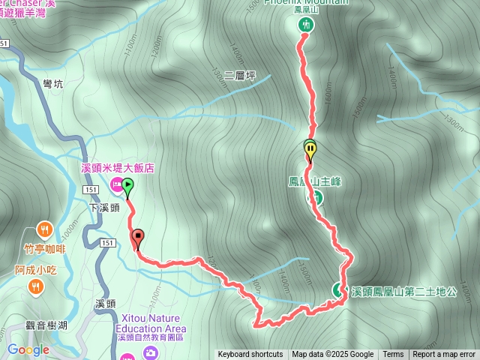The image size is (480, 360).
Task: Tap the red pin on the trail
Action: click(x=137, y=239)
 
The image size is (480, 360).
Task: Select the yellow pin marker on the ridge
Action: click(x=310, y=149)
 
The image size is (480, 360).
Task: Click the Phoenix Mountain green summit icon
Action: click(x=306, y=25)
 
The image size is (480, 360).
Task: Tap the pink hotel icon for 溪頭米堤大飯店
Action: click(x=116, y=184)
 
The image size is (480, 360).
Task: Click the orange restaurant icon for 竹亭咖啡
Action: click(x=45, y=229)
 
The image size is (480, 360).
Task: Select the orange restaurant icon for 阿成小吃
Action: click(x=34, y=286)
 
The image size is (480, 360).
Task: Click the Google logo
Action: click(x=28, y=349)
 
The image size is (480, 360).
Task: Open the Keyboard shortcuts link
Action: click(x=250, y=355)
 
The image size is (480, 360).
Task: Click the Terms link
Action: click(x=393, y=355)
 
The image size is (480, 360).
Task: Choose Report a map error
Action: click(x=444, y=355)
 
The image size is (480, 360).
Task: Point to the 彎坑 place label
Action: click(x=53, y=85)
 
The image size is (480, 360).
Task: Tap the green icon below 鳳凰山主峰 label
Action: click(x=317, y=197)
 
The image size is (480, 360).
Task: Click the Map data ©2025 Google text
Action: click(x=332, y=355)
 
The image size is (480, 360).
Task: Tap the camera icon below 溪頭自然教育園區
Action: click(x=151, y=352)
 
